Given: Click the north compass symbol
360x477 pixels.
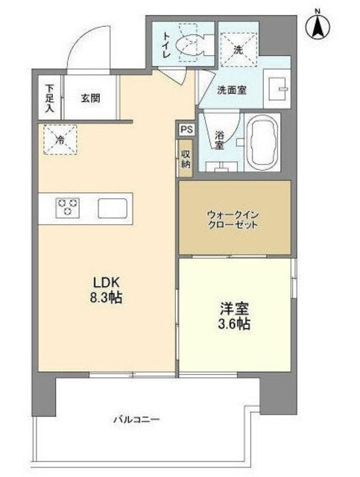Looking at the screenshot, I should pyautogui.click(x=318, y=25).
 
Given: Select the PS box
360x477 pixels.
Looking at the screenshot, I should pyautogui.click(x=186, y=128).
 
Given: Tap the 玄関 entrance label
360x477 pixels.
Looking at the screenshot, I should pyautogui.click(x=91, y=98).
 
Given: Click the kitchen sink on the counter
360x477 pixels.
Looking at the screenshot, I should pyautogui.click(x=113, y=206).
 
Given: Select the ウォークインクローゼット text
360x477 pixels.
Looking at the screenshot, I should pyautogui.click(x=233, y=219).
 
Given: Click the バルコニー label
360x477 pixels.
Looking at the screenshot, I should pyautogui.click(x=137, y=420).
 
